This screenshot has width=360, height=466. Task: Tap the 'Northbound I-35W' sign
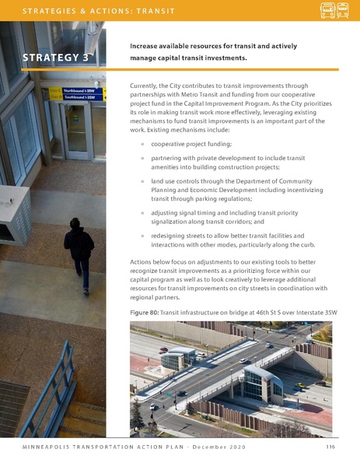[x=78, y=91]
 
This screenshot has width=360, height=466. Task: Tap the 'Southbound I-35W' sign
[x=79, y=97]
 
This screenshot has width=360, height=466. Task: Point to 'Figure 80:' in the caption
[x=146, y=312]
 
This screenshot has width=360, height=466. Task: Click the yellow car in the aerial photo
[x=299, y=385]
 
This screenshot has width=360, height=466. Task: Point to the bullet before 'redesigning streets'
[x=142, y=234]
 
